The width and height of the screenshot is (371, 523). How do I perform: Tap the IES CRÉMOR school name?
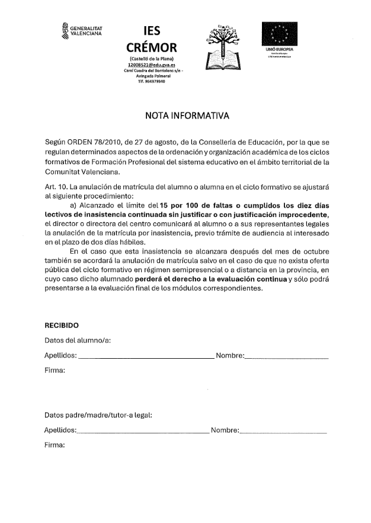tap(152, 39)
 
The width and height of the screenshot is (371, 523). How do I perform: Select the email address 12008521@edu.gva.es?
tap(152, 65)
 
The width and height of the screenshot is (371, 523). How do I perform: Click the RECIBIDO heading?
tap(62, 325)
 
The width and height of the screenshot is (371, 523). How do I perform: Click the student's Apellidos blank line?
tap(146, 358)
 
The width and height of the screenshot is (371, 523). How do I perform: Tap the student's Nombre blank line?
tap(286, 358)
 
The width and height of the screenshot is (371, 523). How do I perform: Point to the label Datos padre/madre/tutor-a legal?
tap(98, 414)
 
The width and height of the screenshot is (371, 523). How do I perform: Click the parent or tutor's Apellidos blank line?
tap(143, 433)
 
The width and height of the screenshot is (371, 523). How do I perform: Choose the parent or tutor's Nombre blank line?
tap(283, 433)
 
